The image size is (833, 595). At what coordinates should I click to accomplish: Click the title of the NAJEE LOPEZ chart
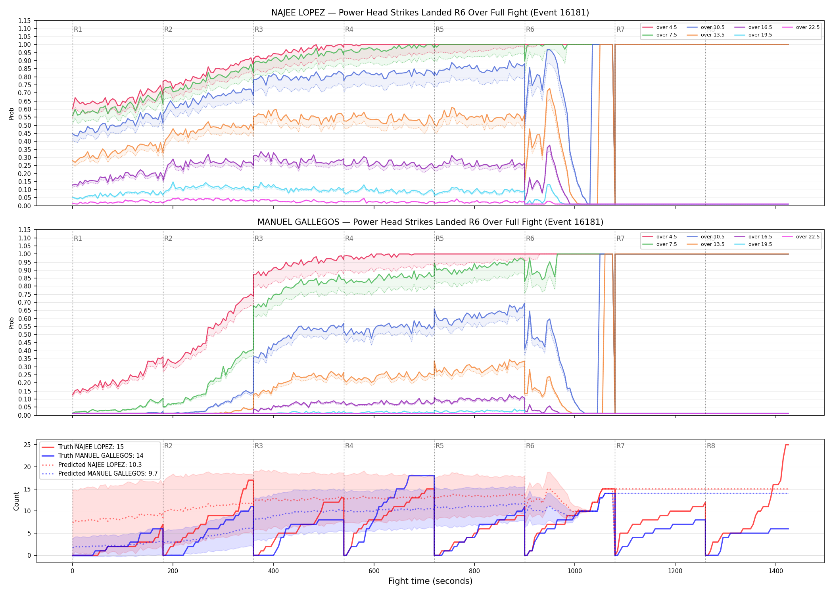pyautogui.click(x=430, y=13)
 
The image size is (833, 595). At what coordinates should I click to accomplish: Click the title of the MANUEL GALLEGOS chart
pyautogui.click(x=430, y=222)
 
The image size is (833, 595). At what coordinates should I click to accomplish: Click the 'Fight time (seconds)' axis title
pyautogui.click(x=430, y=581)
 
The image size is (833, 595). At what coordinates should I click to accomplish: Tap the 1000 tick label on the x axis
pyautogui.click(x=575, y=571)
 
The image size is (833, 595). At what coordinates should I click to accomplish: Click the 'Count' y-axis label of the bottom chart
pyautogui.click(x=16, y=501)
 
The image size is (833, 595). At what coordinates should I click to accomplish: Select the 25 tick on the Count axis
pyautogui.click(x=27, y=445)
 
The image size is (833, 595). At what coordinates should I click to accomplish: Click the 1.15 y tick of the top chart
pyautogui.click(x=24, y=21)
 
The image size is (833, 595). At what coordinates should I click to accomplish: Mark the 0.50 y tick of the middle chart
pyautogui.click(x=24, y=334)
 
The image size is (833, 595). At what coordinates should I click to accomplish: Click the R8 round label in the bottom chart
pyautogui.click(x=711, y=446)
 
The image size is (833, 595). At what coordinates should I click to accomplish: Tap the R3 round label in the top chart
pyautogui.click(x=259, y=29)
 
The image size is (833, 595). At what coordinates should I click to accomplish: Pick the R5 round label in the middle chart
pyautogui.click(x=440, y=238)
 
